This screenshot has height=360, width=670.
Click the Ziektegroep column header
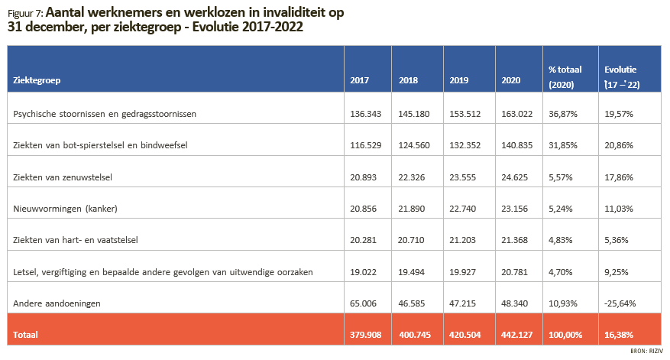click(x=37, y=80)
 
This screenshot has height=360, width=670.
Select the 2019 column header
click(x=459, y=80)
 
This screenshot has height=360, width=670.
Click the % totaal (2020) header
click(x=565, y=77)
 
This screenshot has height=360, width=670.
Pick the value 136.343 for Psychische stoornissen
click(x=366, y=114)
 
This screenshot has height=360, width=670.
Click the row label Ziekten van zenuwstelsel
click(x=63, y=177)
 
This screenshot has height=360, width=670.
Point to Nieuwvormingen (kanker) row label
click(x=65, y=209)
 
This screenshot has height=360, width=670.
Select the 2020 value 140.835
click(x=517, y=145)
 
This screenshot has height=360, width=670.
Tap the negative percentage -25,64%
click(x=620, y=303)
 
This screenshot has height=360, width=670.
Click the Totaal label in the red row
click(x=25, y=335)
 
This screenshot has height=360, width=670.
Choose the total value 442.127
click(x=517, y=335)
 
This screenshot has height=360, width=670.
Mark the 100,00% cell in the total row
click(x=565, y=335)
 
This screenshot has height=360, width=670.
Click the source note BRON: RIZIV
click(x=646, y=351)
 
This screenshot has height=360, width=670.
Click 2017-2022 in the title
click(x=272, y=27)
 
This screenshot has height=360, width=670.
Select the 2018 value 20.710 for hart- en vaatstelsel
click(x=411, y=240)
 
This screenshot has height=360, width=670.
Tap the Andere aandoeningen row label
click(x=57, y=303)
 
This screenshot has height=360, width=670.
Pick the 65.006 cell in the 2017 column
click(x=363, y=303)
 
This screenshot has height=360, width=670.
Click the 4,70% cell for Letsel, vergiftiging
click(x=560, y=272)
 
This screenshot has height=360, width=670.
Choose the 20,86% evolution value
click(x=619, y=145)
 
